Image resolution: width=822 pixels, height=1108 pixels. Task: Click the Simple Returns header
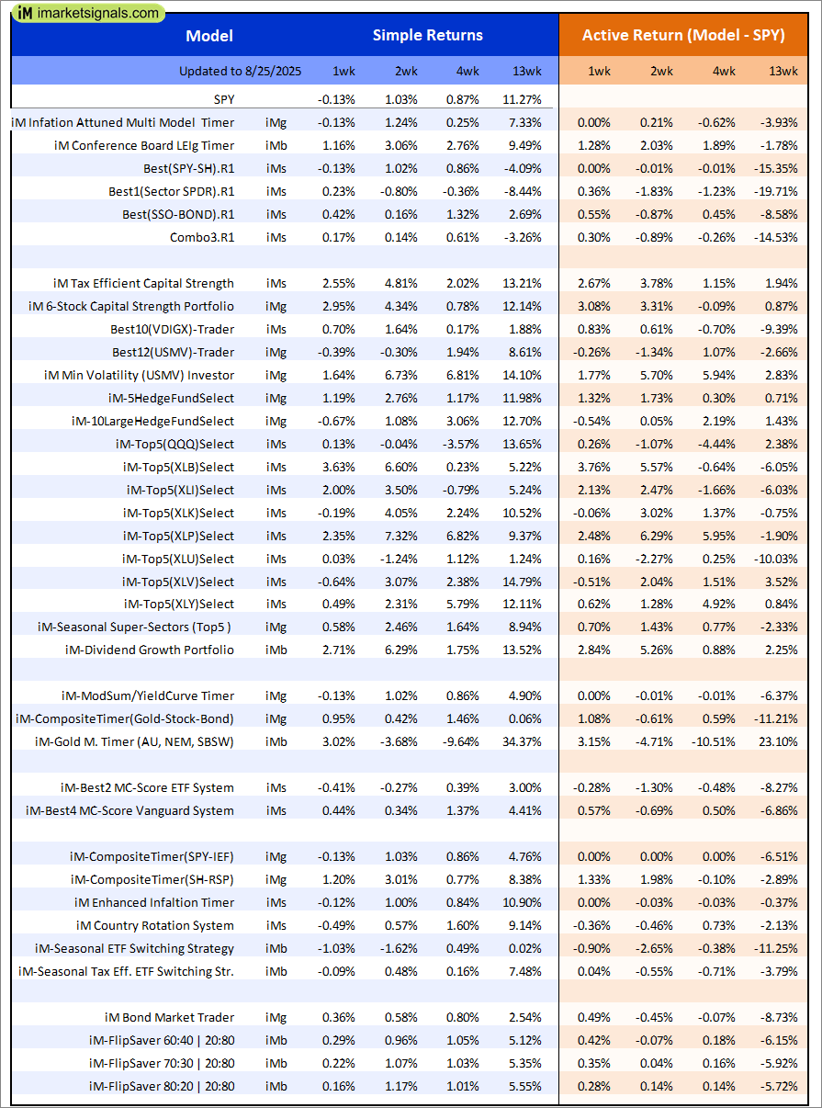coord(427,36)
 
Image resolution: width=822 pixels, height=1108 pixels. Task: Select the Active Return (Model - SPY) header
coord(683,36)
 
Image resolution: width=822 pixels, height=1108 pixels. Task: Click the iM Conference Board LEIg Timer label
coord(143,145)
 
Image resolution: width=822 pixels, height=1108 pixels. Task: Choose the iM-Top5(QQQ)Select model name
coord(175,444)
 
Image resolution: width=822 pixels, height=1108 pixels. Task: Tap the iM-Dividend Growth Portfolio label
coord(150,650)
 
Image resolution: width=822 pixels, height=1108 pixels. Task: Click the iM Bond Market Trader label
coord(169,1017)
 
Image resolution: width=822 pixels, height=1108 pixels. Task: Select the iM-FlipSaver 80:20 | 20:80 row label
coord(162,1086)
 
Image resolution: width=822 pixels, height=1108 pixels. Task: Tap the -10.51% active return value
coord(715,741)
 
